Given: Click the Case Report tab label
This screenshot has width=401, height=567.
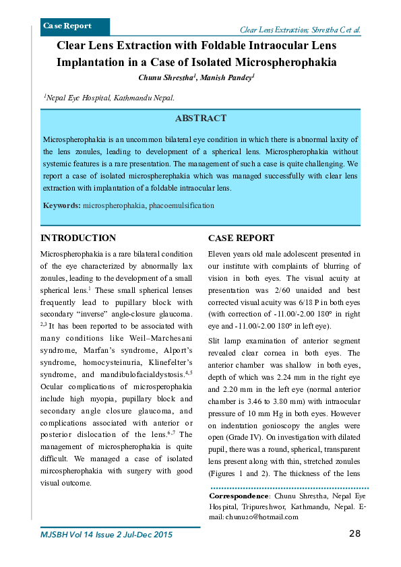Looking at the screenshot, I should (67, 26).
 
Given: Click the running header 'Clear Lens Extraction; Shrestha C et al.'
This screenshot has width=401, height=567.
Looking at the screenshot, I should (300, 30).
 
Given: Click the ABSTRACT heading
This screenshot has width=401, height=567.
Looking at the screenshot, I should (201, 119).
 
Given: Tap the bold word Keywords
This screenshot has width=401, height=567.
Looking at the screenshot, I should (61, 205).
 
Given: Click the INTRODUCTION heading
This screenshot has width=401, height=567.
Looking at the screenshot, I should (78, 238).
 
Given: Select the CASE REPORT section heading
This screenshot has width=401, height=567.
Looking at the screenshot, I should (241, 238).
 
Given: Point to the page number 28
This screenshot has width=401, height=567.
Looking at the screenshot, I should (354, 534).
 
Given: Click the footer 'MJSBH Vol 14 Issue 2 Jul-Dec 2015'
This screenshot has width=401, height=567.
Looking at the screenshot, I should (106, 535).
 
